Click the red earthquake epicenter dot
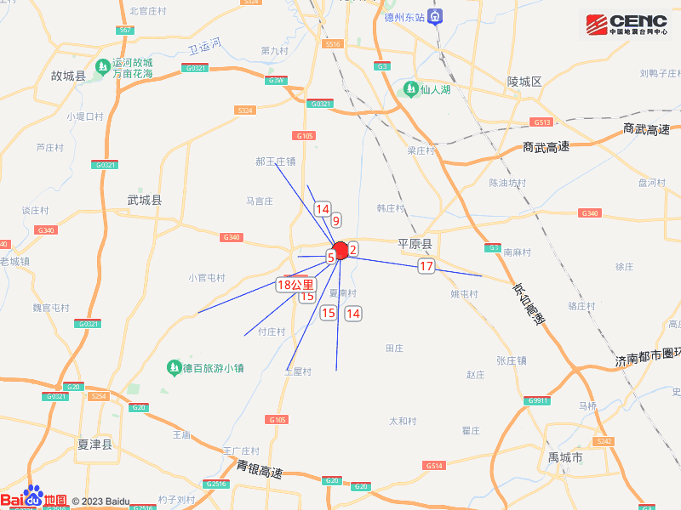pyautogui.click(x=340, y=251)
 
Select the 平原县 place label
pyautogui.click(x=415, y=244)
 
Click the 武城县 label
pyautogui.click(x=144, y=201)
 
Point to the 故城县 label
pyautogui.click(x=69, y=76)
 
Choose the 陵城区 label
pyautogui.click(x=524, y=82)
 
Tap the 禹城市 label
pyautogui.click(x=565, y=458)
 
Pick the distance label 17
pyautogui.click(x=426, y=267)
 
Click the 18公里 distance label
pyautogui.click(x=295, y=286)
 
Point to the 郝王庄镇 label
pyautogui.click(x=276, y=161)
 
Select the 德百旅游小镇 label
pyautogui.click(x=205, y=368)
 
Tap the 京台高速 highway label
pyautogui.click(x=528, y=303)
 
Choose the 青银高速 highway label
pyautogui.click(x=260, y=468)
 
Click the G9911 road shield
pyautogui.click(x=538, y=400)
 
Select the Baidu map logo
pyautogui.click(x=34, y=499)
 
